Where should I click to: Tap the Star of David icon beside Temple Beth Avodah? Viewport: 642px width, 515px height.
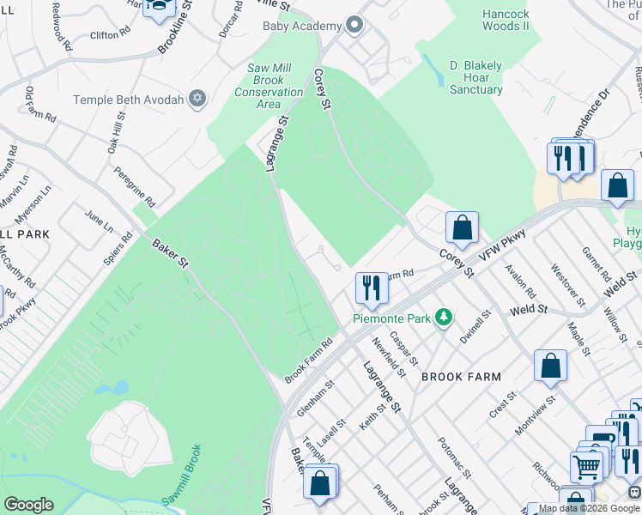click(197, 99)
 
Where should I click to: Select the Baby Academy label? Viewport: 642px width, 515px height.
click(302, 26)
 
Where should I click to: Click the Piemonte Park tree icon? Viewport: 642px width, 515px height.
click(444, 318)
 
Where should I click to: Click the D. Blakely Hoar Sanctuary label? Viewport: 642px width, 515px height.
click(476, 77)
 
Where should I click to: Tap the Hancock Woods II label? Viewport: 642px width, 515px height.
click(506, 20)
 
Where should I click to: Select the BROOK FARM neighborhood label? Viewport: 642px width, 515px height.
click(461, 377)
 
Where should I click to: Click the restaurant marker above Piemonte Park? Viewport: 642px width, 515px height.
click(372, 288)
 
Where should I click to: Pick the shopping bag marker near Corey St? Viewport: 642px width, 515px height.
click(462, 227)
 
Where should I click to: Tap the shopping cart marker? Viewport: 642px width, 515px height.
click(587, 467)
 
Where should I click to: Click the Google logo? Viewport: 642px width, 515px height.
click(28, 504)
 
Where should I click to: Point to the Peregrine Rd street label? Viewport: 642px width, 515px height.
click(136, 187)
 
